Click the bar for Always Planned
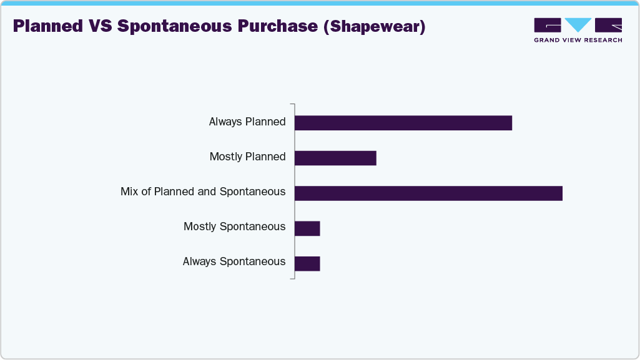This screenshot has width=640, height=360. tap(403, 123)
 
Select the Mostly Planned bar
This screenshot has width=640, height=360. tap(335, 158)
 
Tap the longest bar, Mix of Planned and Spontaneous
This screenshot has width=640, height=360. tap(428, 193)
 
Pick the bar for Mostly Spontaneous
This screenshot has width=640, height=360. tap(307, 228)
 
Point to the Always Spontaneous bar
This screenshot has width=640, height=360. tap(307, 263)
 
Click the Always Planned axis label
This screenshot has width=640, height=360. tap(247, 122)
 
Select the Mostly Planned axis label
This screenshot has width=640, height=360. tap(248, 157)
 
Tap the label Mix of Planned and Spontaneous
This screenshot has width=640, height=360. tap(203, 192)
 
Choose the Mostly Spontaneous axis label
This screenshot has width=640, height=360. tap(235, 226)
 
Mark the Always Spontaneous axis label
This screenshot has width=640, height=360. tap(234, 261)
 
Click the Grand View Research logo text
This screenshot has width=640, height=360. tap(578, 40)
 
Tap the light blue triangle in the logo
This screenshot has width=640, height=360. tap(578, 24)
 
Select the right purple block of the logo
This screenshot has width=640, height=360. tap(608, 25)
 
